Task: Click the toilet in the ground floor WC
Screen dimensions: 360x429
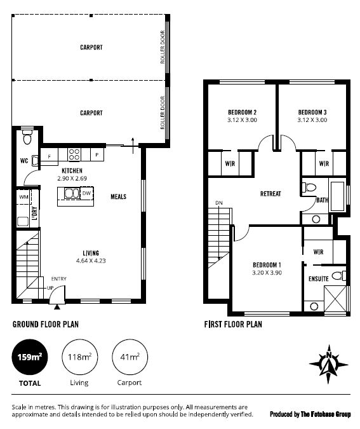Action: click(x=27, y=137)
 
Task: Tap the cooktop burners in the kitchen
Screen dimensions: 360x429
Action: click(x=74, y=154)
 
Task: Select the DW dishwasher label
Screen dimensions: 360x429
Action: click(x=86, y=193)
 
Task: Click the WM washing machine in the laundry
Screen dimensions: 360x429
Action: click(x=23, y=197)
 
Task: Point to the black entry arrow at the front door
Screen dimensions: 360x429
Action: click(x=57, y=307)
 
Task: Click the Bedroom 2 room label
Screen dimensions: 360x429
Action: click(x=242, y=112)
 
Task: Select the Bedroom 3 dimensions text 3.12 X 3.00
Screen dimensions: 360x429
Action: click(x=312, y=120)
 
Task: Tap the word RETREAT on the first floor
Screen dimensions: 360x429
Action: click(x=270, y=194)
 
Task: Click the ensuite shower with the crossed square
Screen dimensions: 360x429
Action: click(x=335, y=299)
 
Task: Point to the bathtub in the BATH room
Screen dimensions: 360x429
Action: click(x=337, y=196)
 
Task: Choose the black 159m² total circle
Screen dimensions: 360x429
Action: click(x=29, y=357)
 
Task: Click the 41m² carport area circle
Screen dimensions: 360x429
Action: click(x=130, y=357)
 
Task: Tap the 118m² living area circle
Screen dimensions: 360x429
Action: click(x=79, y=357)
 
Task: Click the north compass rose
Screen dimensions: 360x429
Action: click(x=328, y=364)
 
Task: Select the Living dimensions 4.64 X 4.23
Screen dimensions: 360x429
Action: click(x=91, y=261)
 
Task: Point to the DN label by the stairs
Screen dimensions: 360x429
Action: click(x=219, y=203)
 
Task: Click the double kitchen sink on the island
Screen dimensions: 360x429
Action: click(x=72, y=193)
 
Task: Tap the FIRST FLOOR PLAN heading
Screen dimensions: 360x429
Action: click(x=233, y=325)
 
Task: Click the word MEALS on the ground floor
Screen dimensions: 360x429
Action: click(x=118, y=197)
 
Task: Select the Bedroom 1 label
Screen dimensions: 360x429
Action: click(x=267, y=265)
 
